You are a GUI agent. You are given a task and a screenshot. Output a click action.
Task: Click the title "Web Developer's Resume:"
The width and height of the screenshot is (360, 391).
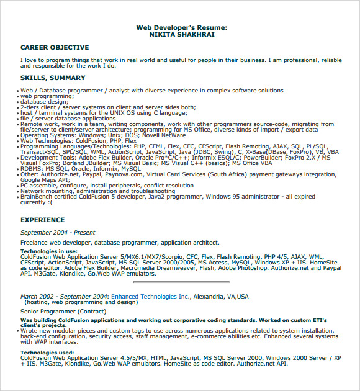(x=181, y=28)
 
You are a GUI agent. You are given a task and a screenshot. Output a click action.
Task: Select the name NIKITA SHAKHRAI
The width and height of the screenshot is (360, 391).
(x=181, y=35)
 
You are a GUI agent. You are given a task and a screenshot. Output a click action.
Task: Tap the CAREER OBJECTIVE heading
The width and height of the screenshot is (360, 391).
(x=55, y=47)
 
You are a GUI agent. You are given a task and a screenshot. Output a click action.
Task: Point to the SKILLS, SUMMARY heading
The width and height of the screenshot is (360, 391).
(x=53, y=78)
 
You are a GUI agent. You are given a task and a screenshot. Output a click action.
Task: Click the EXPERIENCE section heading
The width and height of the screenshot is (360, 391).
(x=42, y=220)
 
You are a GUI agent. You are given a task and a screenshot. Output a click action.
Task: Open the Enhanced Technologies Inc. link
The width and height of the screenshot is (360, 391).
(x=150, y=297)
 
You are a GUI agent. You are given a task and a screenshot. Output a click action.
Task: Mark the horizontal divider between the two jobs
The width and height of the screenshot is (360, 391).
(x=181, y=283)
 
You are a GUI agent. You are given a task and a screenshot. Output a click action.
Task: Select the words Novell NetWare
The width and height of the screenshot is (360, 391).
(x=164, y=135)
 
